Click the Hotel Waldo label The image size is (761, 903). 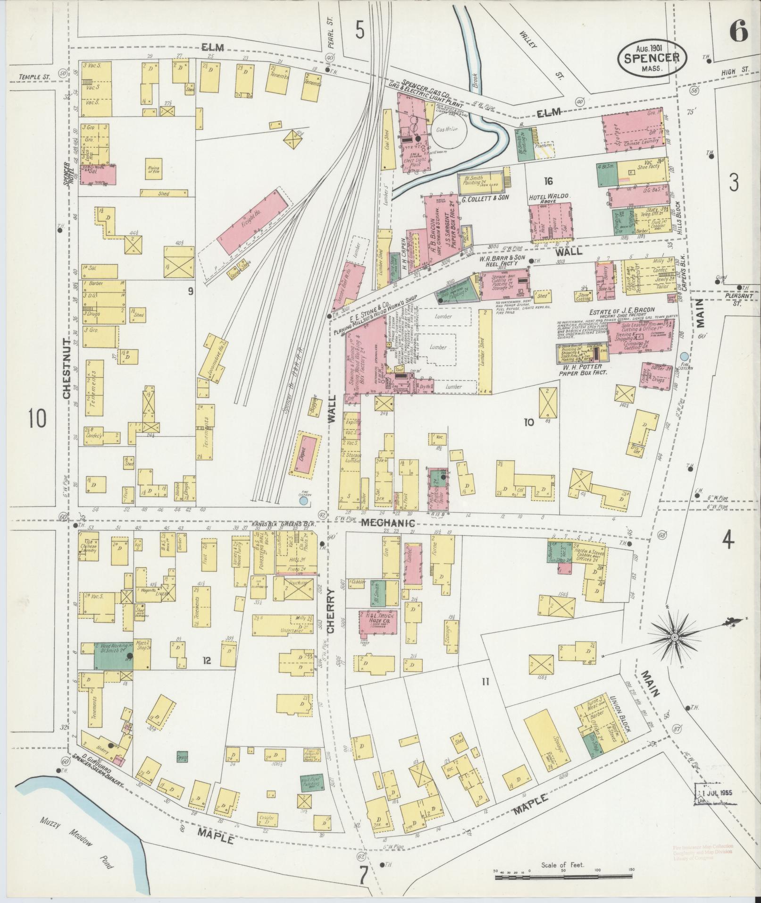click(550, 196)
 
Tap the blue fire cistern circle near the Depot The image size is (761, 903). click(304, 499)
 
